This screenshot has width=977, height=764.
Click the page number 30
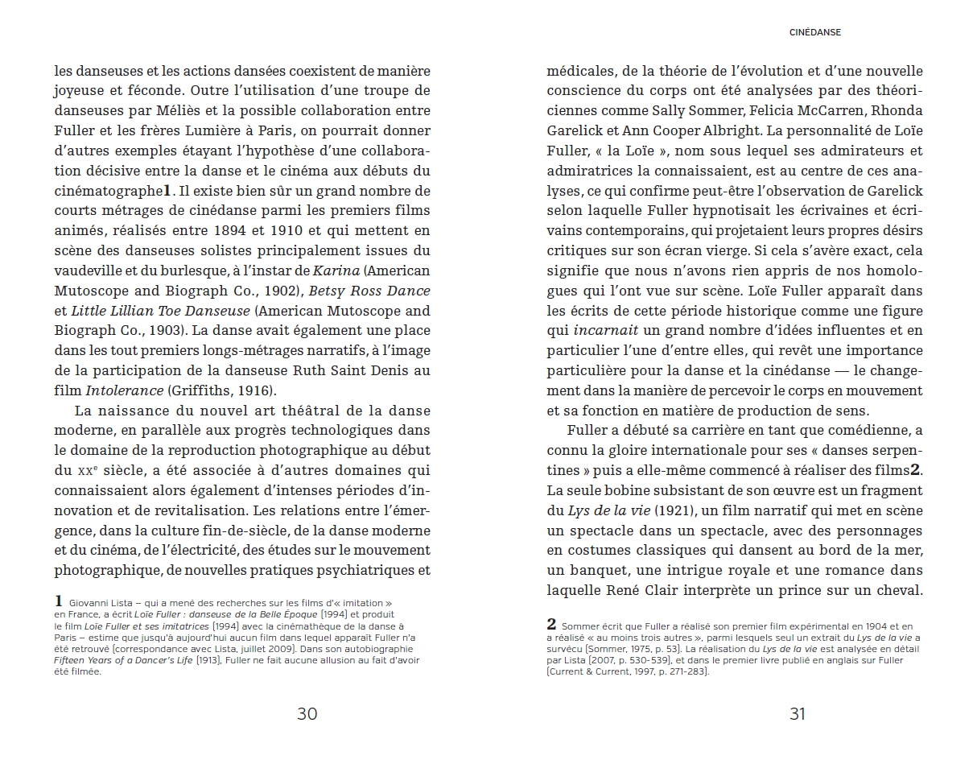(x=307, y=713)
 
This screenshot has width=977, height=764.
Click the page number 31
(x=797, y=713)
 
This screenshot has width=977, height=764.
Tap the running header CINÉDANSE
(x=814, y=33)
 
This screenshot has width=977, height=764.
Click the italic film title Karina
(x=336, y=270)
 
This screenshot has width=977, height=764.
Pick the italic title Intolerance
(x=125, y=390)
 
